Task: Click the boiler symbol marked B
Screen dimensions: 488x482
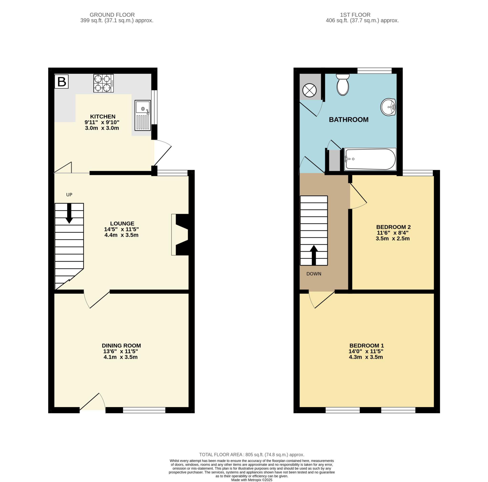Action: tap(61, 81)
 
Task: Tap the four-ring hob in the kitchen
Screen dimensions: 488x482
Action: tap(104, 83)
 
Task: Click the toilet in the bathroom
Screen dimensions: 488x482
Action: tap(343, 85)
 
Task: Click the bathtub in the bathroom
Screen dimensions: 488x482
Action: tap(370, 159)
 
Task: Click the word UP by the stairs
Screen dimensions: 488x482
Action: tap(69, 194)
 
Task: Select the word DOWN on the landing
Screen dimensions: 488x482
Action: tap(314, 274)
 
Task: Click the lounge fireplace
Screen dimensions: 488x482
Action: tap(180, 235)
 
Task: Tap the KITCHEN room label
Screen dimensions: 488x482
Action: tap(103, 117)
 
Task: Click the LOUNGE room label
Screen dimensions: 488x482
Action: tap(122, 223)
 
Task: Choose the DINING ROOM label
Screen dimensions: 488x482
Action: tap(122, 345)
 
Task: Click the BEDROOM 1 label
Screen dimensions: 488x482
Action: tap(367, 345)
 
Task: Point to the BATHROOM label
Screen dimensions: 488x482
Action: tap(349, 120)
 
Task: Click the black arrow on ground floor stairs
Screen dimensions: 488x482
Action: tap(69, 213)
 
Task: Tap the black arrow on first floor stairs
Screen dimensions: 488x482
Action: tap(314, 255)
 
